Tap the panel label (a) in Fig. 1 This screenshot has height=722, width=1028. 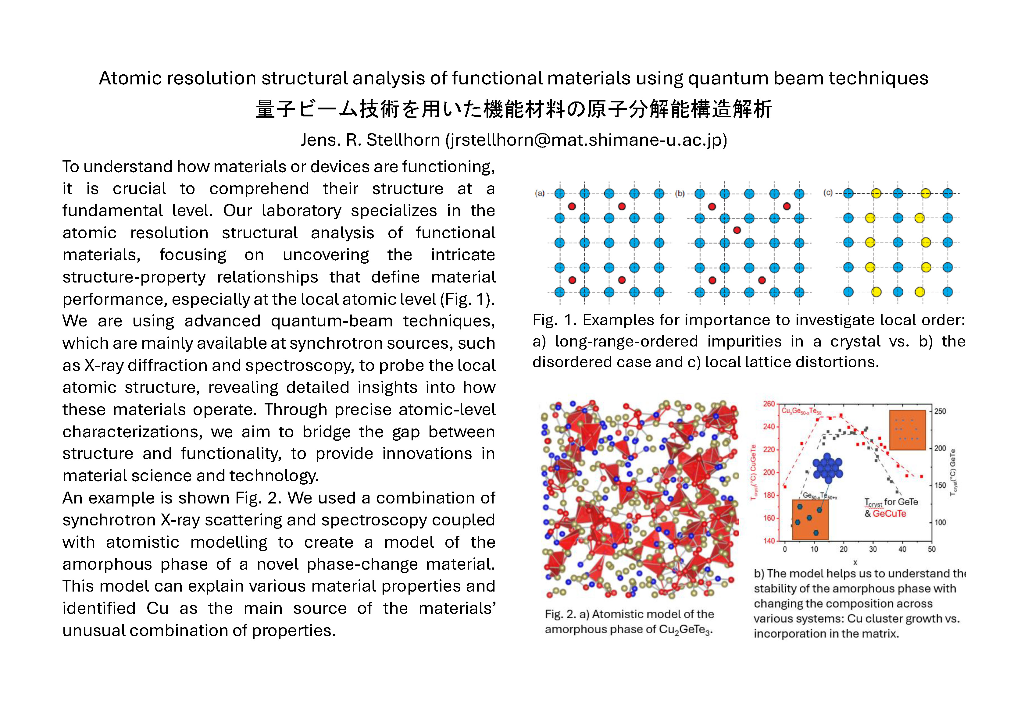click(540, 193)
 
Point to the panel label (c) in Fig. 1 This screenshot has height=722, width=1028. click(828, 193)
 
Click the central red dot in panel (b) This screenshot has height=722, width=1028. click(737, 230)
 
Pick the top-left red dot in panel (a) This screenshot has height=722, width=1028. click(572, 206)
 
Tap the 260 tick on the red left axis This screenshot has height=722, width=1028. click(769, 404)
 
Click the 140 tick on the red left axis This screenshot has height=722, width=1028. click(769, 541)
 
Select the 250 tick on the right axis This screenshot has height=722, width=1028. click(940, 411)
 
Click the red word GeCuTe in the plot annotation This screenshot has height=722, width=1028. click(889, 514)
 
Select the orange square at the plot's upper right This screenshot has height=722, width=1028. click(907, 430)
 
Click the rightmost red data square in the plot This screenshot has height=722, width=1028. click(921, 476)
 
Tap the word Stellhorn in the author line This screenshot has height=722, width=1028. click(403, 140)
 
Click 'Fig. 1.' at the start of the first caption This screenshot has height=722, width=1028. click(554, 320)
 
